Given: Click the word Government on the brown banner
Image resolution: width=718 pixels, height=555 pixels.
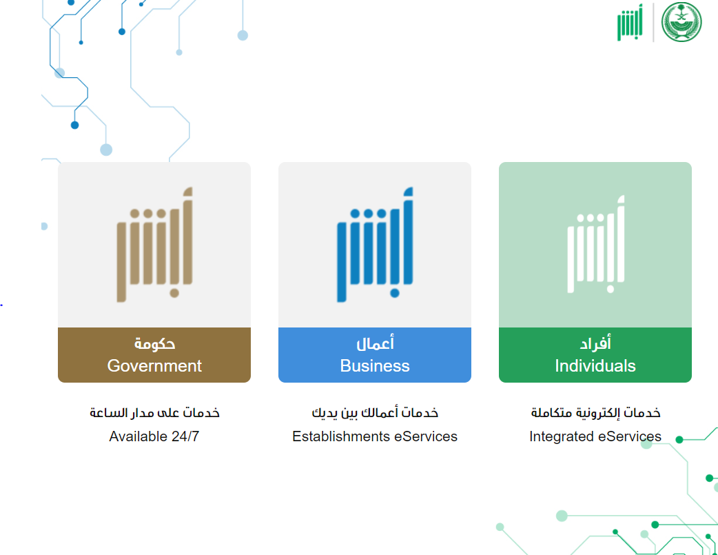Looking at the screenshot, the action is click(x=154, y=365).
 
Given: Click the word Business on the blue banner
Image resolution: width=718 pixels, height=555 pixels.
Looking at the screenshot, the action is click(x=375, y=365).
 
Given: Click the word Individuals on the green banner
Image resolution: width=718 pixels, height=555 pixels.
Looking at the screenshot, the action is click(x=595, y=365).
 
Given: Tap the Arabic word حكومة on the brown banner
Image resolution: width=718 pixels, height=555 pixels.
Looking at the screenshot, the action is click(x=155, y=343).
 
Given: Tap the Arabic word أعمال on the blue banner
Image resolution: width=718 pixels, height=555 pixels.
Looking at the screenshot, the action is click(x=375, y=343).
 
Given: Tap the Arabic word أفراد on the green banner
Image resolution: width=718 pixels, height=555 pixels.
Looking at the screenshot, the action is click(x=595, y=343).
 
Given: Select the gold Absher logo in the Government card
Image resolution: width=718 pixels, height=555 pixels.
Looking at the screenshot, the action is click(x=155, y=244).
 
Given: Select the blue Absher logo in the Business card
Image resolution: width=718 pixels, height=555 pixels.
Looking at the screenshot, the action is click(x=375, y=244).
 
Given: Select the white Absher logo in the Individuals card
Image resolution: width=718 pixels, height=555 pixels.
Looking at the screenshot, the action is click(x=596, y=244).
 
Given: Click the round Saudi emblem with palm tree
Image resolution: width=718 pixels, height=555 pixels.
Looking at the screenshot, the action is click(x=681, y=21).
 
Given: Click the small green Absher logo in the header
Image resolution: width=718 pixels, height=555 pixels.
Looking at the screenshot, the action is click(x=630, y=22).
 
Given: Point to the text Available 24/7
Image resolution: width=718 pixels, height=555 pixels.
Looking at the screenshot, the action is click(x=154, y=436).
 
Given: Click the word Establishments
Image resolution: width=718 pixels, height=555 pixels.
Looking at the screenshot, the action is click(x=341, y=436).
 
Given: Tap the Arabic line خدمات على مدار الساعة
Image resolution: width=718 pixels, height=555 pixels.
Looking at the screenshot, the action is click(x=154, y=412).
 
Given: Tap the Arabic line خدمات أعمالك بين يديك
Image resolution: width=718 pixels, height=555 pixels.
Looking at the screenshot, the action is click(x=375, y=412).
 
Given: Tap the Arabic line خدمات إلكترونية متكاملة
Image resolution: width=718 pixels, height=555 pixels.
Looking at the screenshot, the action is click(x=596, y=412).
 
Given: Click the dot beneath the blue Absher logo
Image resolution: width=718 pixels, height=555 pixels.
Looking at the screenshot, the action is click(x=395, y=293).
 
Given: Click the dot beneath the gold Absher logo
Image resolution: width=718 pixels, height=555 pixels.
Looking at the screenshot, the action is click(x=174, y=293).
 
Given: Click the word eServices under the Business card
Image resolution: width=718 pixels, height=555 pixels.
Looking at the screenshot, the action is click(x=426, y=436).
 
